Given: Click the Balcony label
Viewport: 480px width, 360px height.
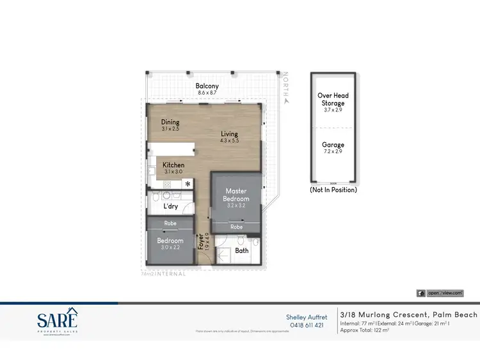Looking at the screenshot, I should pyautogui.click(x=207, y=86).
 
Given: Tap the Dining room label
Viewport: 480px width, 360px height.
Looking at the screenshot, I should pyautogui.click(x=170, y=122).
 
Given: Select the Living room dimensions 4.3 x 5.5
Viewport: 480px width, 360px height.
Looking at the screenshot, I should pyautogui.click(x=229, y=141).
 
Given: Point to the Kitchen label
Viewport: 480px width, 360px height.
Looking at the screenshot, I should pyautogui.click(x=173, y=165).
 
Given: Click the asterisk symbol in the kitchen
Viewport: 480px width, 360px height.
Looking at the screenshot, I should pyautogui.click(x=188, y=184).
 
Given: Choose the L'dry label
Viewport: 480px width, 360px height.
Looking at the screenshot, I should pyautogui.click(x=170, y=206).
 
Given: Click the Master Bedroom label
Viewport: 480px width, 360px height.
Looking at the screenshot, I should pyautogui.click(x=236, y=195).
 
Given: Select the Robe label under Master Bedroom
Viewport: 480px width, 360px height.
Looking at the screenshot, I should pyautogui.click(x=236, y=227).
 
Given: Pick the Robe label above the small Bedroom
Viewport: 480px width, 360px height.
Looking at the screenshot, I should pyautogui.click(x=170, y=224).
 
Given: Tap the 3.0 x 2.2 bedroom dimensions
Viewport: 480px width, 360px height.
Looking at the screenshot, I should pyautogui.click(x=170, y=248).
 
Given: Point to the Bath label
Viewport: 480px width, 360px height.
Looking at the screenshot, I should pyautogui.click(x=241, y=250).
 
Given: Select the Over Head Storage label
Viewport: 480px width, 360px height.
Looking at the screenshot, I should pyautogui.click(x=333, y=99).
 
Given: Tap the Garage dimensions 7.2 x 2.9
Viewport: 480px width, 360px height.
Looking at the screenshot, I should pyautogui.click(x=333, y=152).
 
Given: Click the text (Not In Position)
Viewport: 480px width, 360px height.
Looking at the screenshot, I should pyautogui.click(x=333, y=190).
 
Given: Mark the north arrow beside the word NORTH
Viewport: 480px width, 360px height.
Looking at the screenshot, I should pyautogui.click(x=286, y=101).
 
